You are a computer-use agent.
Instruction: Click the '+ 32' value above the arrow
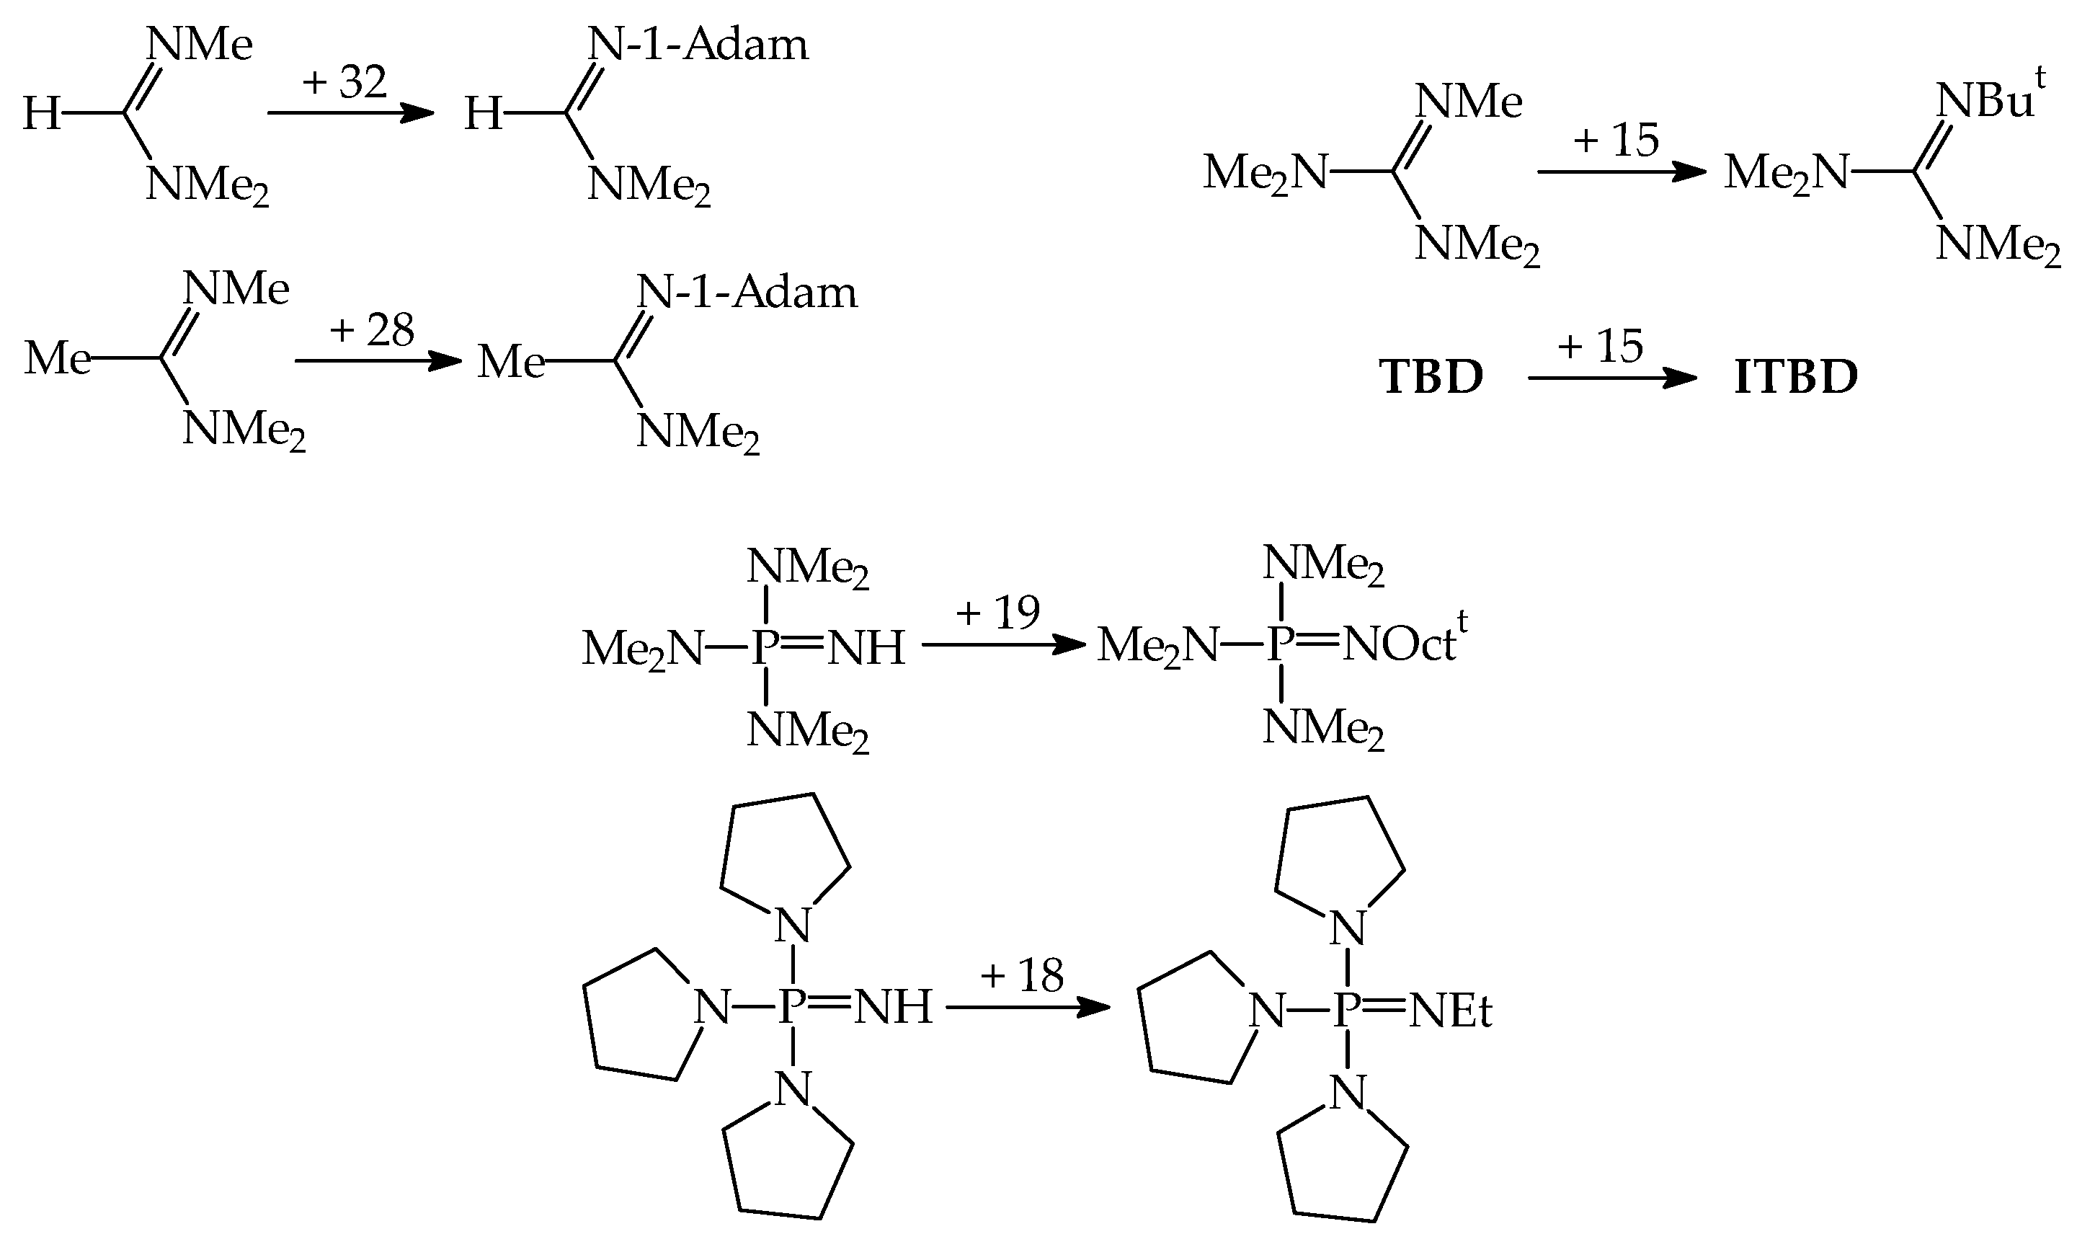344,82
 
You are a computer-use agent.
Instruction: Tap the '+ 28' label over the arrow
371,329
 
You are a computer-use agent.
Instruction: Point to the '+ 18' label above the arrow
1021,975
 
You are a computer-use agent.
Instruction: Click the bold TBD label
1431,376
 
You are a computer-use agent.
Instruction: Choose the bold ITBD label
1796,377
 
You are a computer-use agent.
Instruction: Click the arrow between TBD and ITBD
1611,379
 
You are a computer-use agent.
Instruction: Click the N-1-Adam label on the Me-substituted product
747,292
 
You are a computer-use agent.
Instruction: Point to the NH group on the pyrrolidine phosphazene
893,1007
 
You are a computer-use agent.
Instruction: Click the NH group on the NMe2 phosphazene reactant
866,648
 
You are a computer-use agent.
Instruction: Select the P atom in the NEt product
1347,1009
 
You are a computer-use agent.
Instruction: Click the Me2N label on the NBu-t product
1786,173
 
